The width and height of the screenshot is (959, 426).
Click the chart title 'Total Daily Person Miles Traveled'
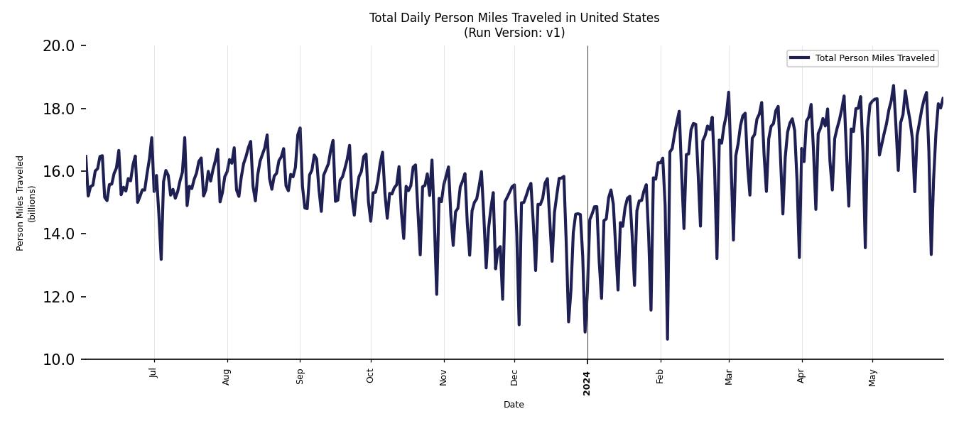514,18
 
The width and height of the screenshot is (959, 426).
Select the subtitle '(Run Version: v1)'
514,33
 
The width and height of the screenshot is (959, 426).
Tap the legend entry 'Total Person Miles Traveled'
874,58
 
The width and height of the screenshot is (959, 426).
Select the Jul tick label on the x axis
154,373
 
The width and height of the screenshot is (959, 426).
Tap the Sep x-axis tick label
300,375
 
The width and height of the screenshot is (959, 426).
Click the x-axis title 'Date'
514,405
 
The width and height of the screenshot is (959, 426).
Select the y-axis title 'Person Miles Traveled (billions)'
26,202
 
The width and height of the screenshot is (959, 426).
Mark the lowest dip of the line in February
667,339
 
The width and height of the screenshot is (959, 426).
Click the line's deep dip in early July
161,258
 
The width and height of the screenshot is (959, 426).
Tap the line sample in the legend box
799,58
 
